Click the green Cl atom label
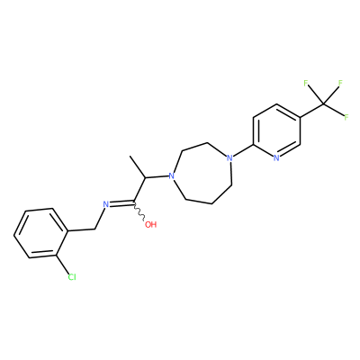[72, 277]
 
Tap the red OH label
[151, 224]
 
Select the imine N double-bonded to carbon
[106, 204]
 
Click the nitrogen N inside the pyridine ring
[276, 158]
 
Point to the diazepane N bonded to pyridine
[229, 157]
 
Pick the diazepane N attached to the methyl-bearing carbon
[171, 175]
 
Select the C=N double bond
[121, 203]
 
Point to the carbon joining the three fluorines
[323, 103]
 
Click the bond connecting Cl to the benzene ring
[62, 264]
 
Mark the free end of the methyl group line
[130, 156]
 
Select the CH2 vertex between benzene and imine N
[94, 229]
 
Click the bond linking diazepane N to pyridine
[243, 150]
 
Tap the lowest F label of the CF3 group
[346, 117]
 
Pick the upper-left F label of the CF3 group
[306, 83]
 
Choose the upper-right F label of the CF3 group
[340, 83]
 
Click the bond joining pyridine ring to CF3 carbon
[311, 111]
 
